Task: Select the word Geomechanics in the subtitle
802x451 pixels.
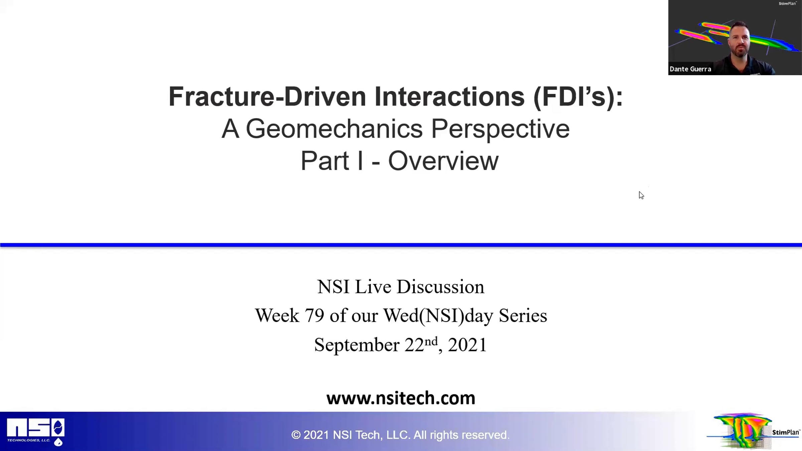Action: point(334,129)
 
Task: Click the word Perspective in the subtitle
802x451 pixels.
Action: point(500,129)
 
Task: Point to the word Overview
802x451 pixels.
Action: point(443,161)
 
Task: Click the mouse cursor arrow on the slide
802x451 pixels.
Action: point(641,195)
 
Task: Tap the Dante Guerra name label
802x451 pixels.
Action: point(690,69)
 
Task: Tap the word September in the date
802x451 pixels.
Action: point(357,345)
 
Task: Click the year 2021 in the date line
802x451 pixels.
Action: point(467,345)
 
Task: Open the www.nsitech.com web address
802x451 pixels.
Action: point(401,398)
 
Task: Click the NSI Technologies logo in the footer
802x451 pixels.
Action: point(36,432)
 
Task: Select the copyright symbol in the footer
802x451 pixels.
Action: point(296,435)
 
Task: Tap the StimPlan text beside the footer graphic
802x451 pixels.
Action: point(786,432)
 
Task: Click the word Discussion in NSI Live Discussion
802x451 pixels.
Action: point(440,287)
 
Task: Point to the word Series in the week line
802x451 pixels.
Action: point(523,315)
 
